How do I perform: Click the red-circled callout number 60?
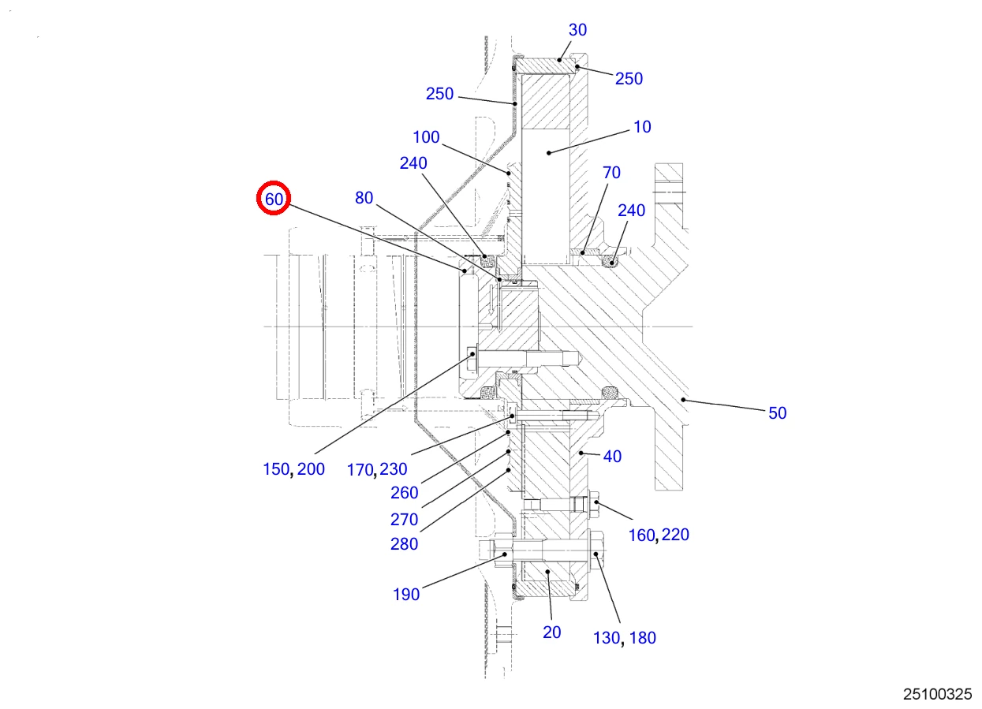click(x=274, y=199)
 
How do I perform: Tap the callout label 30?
click(x=577, y=30)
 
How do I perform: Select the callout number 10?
click(x=642, y=127)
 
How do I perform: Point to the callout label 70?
click(x=611, y=172)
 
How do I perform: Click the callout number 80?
click(x=364, y=198)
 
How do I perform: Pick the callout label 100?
click(x=426, y=137)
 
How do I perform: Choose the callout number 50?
click(x=777, y=413)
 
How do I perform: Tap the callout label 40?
click(x=612, y=457)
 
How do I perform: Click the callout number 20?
click(x=551, y=633)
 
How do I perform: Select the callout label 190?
click(x=406, y=595)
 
